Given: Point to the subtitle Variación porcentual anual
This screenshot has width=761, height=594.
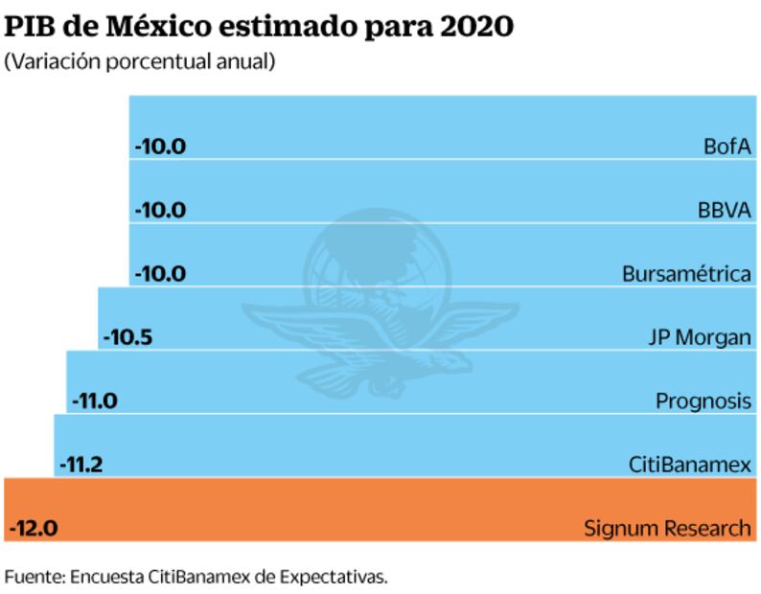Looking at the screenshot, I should (x=140, y=61).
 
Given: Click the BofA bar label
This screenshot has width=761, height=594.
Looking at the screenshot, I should (x=726, y=147).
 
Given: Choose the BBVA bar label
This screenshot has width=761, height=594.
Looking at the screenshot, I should (x=724, y=210).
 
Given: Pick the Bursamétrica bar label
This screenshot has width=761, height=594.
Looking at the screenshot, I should (x=686, y=274).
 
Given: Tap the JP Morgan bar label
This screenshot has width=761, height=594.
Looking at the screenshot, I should (x=700, y=337).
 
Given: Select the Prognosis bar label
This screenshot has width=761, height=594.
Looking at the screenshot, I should (x=703, y=400).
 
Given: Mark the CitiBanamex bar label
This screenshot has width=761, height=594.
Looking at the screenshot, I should (x=690, y=465).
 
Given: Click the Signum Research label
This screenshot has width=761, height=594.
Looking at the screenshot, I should (x=668, y=528).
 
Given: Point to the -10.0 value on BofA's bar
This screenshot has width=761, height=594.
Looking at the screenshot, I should (x=160, y=147).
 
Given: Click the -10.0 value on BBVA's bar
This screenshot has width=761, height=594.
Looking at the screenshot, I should (x=160, y=210).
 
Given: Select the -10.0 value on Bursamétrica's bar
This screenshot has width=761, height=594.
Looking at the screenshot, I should (x=160, y=274).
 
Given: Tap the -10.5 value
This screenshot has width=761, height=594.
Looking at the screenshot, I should (x=127, y=337).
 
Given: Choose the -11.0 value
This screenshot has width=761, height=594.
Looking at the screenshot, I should (x=94, y=400).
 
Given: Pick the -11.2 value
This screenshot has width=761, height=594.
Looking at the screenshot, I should (x=81, y=465).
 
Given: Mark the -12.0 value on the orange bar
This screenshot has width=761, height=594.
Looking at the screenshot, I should (x=34, y=528).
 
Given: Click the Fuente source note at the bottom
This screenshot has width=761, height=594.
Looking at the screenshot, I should (x=196, y=577).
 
